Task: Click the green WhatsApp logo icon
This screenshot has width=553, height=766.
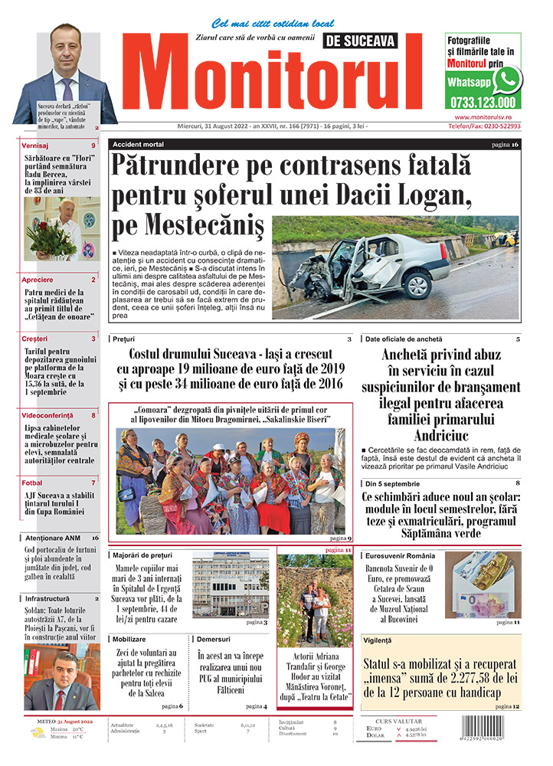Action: (x=506, y=80)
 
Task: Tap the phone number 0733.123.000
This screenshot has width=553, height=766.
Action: (x=483, y=102)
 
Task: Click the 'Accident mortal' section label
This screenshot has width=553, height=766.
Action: (x=138, y=144)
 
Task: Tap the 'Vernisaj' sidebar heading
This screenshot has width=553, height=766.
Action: (x=35, y=146)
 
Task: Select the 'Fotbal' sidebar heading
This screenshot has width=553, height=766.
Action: (x=32, y=483)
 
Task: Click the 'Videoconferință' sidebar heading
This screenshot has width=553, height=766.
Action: (x=52, y=414)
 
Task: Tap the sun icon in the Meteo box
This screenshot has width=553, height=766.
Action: (x=37, y=733)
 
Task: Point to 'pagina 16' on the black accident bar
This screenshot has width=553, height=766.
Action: (x=505, y=144)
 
